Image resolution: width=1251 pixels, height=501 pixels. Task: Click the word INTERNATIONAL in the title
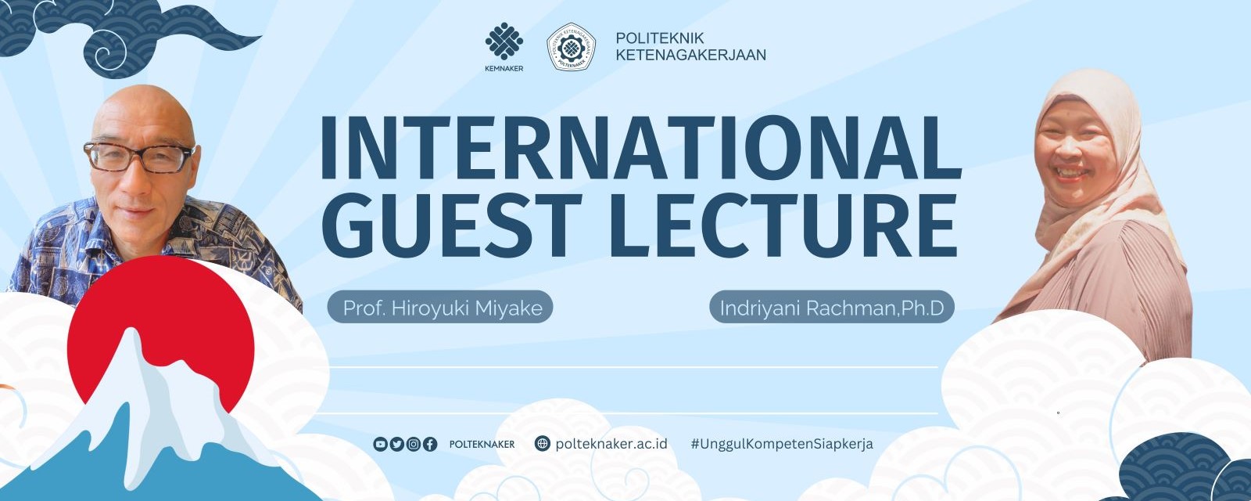640,147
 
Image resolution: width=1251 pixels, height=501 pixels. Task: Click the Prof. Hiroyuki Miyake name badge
440,307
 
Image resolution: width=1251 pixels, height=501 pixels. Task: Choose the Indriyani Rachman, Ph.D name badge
832,307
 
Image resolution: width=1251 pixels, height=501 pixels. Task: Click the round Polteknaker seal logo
571,47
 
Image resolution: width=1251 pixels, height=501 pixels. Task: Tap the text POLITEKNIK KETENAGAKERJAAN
691,46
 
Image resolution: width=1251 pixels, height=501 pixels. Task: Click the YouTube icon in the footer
380,444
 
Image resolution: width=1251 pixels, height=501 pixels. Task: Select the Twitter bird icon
396,444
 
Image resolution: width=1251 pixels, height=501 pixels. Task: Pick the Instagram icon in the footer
414,444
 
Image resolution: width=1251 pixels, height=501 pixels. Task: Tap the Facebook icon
429,444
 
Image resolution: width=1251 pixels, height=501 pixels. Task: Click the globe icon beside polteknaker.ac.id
542,443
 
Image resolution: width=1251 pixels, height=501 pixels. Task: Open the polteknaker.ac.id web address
611,443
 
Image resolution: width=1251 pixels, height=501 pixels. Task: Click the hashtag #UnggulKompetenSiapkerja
782,444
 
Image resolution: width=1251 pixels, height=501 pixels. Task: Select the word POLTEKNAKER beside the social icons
482,444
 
